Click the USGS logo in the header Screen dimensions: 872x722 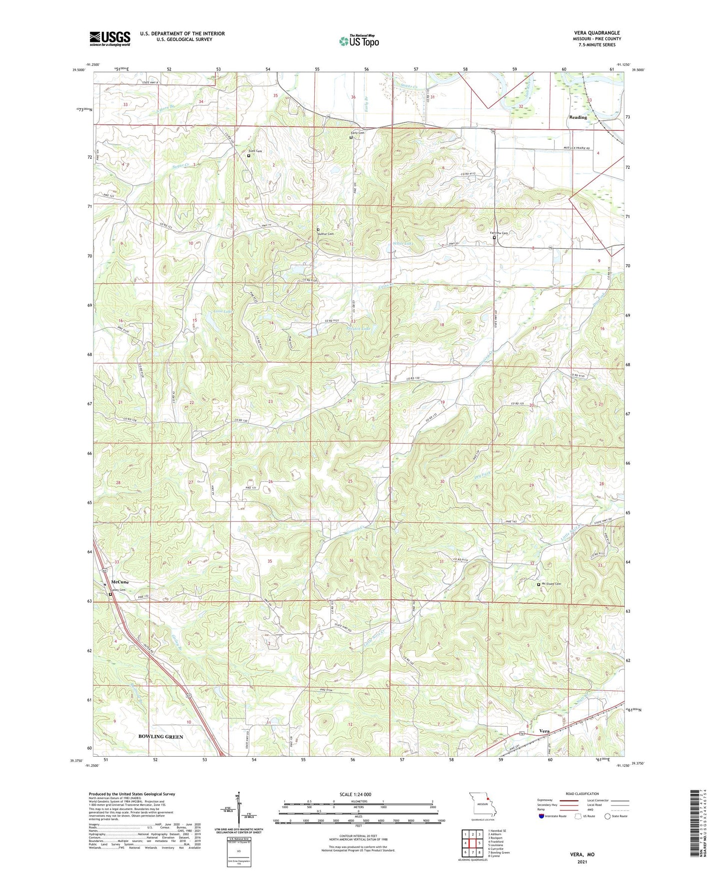pyautogui.click(x=110, y=38)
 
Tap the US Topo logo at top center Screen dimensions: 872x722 pyautogui.click(x=359, y=41)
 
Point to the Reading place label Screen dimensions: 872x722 pyautogui.click(x=578, y=117)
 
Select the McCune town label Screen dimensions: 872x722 pyautogui.click(x=120, y=582)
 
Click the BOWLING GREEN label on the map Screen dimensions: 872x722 pyautogui.click(x=161, y=737)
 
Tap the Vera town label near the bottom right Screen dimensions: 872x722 pyautogui.click(x=545, y=731)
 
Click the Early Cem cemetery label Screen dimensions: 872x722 pyautogui.click(x=357, y=133)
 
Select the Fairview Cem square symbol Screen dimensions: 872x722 pyautogui.click(x=494, y=238)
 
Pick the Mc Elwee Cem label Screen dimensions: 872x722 pyautogui.click(x=551, y=584)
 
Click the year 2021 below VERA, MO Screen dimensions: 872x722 pyautogui.click(x=582, y=862)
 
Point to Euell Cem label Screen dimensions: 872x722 pyautogui.click(x=255, y=151)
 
